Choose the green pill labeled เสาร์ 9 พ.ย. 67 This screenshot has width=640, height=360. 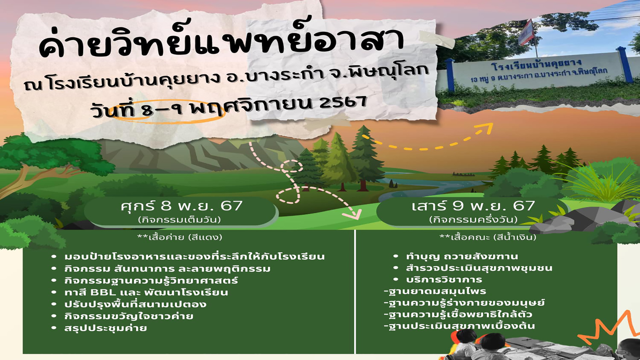(473, 212)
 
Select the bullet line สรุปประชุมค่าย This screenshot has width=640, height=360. (106, 328)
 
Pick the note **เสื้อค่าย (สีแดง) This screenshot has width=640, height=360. (180, 237)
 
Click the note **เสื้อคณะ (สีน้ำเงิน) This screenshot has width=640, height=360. (488, 237)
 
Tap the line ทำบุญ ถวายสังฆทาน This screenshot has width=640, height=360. (462, 256)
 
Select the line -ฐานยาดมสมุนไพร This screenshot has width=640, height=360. (435, 291)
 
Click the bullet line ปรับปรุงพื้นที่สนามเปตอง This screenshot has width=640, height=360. (135, 304)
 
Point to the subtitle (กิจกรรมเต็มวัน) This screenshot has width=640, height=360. (180, 220)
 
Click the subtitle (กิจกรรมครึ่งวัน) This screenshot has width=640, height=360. (473, 219)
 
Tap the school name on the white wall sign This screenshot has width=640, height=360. (536, 64)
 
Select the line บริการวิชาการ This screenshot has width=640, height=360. (444, 279)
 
